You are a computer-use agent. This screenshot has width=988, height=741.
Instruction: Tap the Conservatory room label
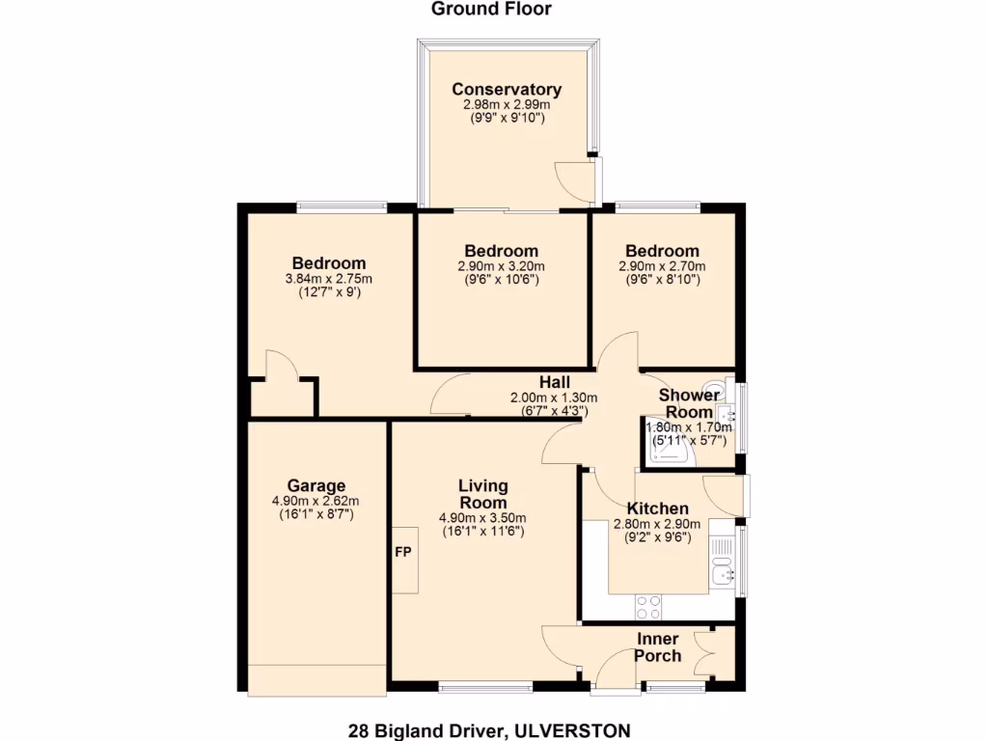[507, 90]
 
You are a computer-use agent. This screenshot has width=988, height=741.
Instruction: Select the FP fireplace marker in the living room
[403, 553]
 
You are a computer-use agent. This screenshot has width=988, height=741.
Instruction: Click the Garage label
[316, 485]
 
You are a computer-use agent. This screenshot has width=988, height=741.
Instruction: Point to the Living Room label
[482, 494]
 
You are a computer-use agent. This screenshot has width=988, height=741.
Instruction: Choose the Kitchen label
[657, 508]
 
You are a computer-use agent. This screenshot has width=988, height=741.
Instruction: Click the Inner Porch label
[657, 647]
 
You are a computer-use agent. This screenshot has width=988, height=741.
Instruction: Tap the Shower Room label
[689, 403]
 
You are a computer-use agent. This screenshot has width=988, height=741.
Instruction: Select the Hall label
[554, 382]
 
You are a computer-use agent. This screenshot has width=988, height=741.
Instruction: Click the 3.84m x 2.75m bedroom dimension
[329, 279]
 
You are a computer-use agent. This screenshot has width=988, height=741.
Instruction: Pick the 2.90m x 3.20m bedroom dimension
[501, 266]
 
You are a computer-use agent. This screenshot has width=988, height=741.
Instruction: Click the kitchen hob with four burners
[648, 607]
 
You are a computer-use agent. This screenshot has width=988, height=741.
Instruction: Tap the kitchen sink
[720, 577]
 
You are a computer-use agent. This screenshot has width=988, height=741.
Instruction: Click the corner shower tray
[665, 450]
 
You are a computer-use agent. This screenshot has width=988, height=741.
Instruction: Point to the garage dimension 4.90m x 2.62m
[316, 501]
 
